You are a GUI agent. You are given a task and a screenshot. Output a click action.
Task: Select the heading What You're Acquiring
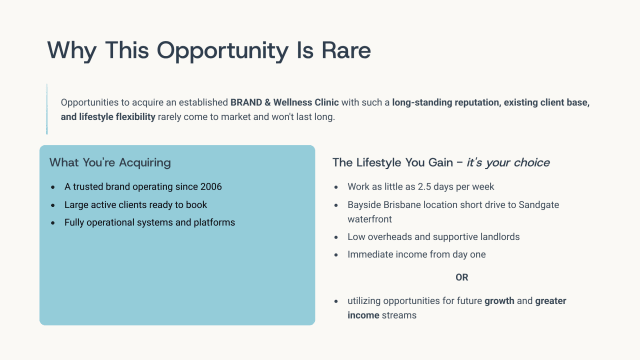tap(110, 162)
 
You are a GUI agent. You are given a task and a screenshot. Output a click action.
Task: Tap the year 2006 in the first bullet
tap(209, 187)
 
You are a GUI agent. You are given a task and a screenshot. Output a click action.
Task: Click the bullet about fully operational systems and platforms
tap(148, 222)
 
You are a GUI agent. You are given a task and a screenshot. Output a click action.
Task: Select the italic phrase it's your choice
tap(508, 162)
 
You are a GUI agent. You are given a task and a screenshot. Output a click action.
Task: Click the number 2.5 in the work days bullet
tap(422, 187)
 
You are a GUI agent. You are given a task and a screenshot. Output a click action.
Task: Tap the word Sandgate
tap(547, 204)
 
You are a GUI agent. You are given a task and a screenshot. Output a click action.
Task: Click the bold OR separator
tap(462, 277)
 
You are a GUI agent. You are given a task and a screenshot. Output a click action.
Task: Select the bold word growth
tap(500, 300)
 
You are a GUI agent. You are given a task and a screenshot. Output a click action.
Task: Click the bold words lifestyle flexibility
tap(126, 117)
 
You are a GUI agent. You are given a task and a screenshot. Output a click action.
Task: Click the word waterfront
tap(367, 220)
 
